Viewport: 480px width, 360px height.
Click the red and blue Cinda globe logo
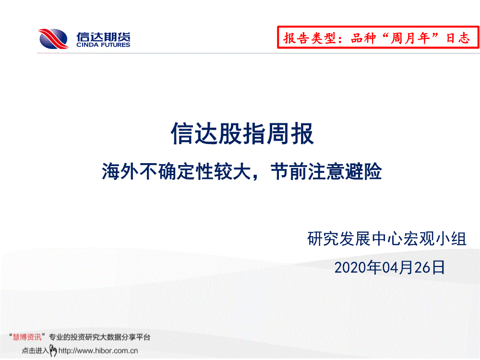pyautogui.click(x=53, y=38)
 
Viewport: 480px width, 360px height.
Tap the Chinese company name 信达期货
pyautogui.click(x=103, y=37)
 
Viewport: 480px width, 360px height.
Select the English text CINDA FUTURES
pyautogui.click(x=103, y=45)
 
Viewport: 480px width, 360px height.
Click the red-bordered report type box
pyautogui.click(x=378, y=37)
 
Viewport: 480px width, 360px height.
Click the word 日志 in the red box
pyautogui.click(x=458, y=38)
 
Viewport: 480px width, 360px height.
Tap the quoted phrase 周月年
pyautogui.click(x=410, y=38)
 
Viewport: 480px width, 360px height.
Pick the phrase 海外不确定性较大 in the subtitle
pyautogui.click(x=176, y=171)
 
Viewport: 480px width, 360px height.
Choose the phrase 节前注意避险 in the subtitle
pyautogui.click(x=326, y=171)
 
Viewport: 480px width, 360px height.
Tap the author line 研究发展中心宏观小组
pyautogui.click(x=387, y=239)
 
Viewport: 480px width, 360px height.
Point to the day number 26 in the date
pyautogui.click(x=422, y=268)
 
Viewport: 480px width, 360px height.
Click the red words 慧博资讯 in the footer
pyautogui.click(x=27, y=337)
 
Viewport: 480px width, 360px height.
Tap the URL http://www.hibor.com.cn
pyautogui.click(x=98, y=350)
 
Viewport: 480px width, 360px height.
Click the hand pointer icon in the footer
pyautogui.click(x=53, y=350)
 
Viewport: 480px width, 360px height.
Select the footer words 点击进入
pyautogui.click(x=35, y=350)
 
